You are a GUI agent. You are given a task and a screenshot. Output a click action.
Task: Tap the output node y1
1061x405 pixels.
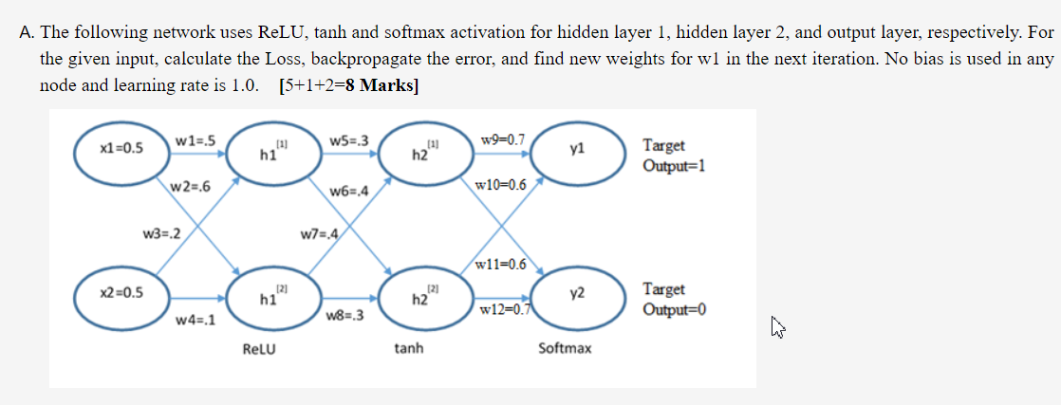click(x=578, y=150)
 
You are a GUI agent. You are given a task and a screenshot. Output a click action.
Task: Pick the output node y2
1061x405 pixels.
click(x=578, y=295)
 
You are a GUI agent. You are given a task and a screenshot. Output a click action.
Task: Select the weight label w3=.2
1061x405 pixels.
click(x=162, y=230)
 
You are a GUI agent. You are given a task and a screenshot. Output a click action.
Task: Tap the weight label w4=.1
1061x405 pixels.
click(x=195, y=320)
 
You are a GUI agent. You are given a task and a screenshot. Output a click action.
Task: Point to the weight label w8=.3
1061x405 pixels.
click(x=345, y=315)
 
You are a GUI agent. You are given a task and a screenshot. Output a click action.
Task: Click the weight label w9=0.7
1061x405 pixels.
click(x=502, y=140)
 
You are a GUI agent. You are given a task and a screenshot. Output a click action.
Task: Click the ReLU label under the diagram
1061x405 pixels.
click(x=259, y=349)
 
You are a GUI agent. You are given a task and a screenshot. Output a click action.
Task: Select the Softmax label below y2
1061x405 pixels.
click(x=565, y=349)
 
